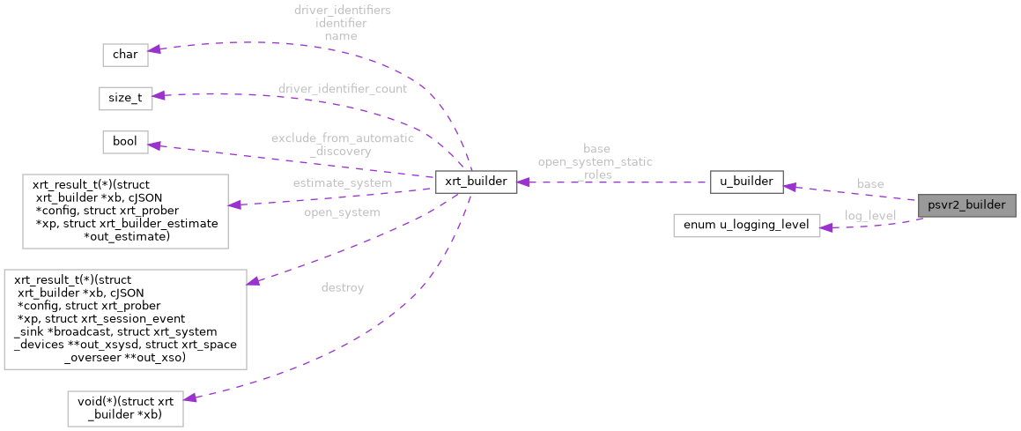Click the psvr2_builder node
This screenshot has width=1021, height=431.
click(966, 205)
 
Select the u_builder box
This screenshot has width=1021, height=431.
click(746, 182)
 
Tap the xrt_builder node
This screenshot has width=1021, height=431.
click(475, 182)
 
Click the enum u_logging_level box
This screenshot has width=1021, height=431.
click(746, 225)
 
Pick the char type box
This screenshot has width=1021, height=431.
click(125, 54)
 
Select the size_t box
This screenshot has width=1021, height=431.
click(125, 98)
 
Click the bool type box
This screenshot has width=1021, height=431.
click(125, 141)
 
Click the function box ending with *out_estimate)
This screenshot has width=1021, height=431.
click(125, 211)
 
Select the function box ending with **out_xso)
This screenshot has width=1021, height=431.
click(125, 319)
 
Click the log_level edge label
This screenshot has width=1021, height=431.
click(869, 215)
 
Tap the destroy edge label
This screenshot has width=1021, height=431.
click(343, 287)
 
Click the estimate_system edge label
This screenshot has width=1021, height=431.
click(342, 182)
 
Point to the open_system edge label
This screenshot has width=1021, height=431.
click(342, 212)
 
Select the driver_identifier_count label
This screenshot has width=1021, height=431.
click(342, 89)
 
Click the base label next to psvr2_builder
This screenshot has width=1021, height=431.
click(869, 183)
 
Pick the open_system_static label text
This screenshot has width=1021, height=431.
click(596, 161)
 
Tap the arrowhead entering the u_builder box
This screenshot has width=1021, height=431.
click(790, 186)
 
